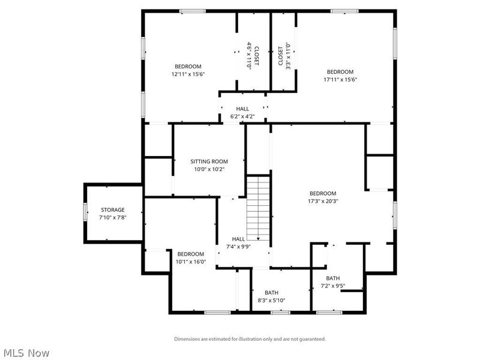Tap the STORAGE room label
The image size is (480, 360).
[x=113, y=210]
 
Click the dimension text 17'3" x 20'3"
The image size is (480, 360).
[x=322, y=202]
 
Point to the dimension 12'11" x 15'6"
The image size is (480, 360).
[x=188, y=74]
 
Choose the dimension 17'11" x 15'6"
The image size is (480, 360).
[x=340, y=80]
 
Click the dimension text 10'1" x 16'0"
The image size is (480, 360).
[x=190, y=262]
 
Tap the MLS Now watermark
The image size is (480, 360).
[x=27, y=353]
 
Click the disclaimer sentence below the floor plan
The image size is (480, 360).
[x=250, y=339]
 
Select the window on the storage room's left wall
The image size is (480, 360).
[x=85, y=213]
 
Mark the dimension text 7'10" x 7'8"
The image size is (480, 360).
[x=113, y=217]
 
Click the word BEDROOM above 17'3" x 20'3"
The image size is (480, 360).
[x=322, y=193]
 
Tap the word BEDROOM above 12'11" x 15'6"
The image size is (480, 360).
[x=188, y=67]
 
